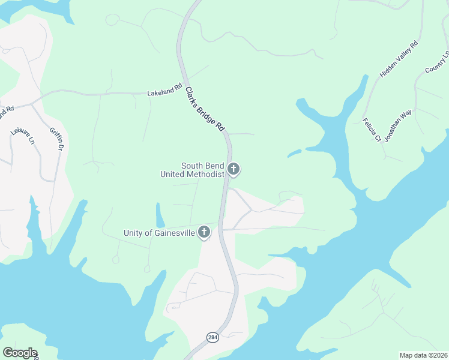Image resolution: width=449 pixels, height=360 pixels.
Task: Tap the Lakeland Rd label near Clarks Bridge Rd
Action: tap(164, 91)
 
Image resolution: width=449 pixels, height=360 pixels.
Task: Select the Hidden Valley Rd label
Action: tap(399, 59)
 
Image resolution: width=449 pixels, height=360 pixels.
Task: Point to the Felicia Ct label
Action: tap(372, 130)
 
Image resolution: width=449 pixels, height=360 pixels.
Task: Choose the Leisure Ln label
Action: tap(22, 136)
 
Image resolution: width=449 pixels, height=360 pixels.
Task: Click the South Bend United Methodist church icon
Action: tap(234, 170)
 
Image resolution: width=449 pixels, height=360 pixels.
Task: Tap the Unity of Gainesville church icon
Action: tap(205, 232)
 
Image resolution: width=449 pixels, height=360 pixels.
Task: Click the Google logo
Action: tap(20, 353)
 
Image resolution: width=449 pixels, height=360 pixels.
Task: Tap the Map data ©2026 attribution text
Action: tap(424, 355)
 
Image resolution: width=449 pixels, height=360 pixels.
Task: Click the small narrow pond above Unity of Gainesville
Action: tap(160, 215)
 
